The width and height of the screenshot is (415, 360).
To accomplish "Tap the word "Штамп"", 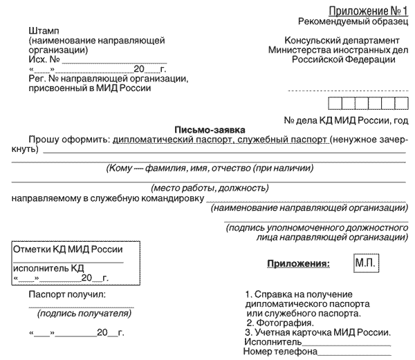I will coord(44,32).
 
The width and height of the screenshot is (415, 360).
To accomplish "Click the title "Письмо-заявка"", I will coord(206,129).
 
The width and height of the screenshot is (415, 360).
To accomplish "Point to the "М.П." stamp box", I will coord(365,263).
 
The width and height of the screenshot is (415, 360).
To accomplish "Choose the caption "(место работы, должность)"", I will coord(210,187).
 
